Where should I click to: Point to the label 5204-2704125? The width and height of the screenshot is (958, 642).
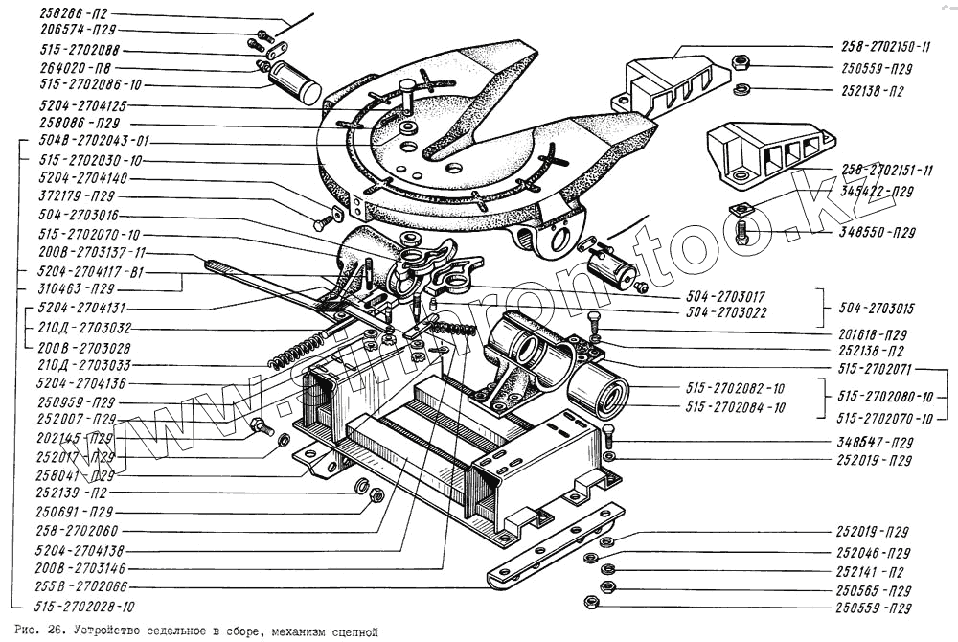pos(82,104)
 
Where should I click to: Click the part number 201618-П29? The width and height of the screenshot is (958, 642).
pos(873,335)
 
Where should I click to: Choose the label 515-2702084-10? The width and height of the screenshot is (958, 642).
pos(735,407)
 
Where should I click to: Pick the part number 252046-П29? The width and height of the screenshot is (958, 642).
pos(873,553)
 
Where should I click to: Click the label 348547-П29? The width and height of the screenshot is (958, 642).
pos(873,443)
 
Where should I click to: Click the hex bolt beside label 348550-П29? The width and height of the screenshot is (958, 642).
pos(743,231)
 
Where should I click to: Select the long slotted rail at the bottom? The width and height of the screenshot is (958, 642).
pos(556,550)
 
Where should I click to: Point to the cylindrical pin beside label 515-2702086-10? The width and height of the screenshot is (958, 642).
pos(294,83)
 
